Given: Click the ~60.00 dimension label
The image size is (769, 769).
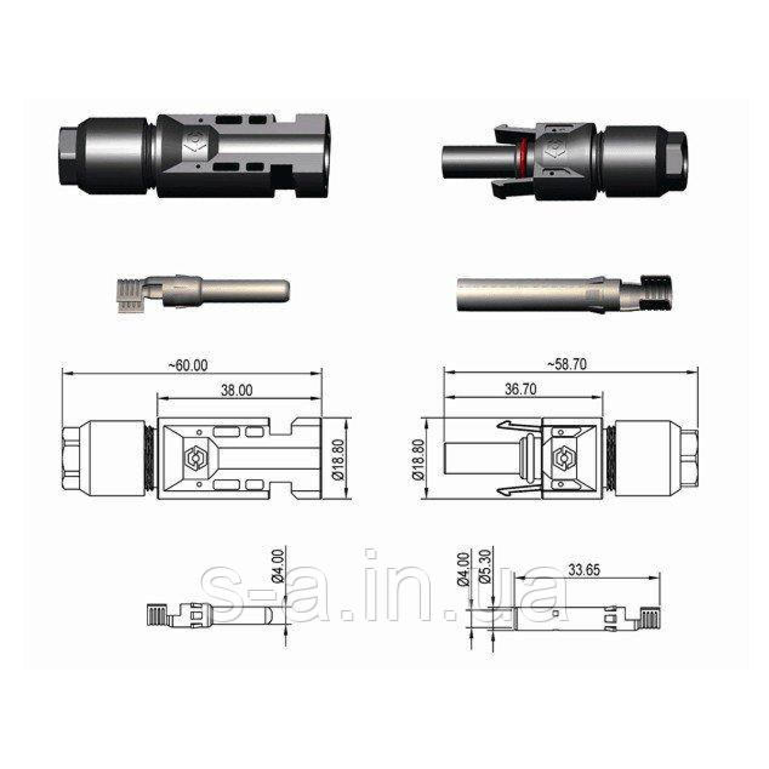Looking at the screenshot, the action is pyautogui.click(x=188, y=365).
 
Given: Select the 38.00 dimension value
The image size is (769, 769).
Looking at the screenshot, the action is pyautogui.click(x=236, y=390).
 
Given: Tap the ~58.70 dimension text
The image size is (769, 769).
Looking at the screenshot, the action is pyautogui.click(x=566, y=365).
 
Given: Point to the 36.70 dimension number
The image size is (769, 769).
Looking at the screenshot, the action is pyautogui.click(x=520, y=389).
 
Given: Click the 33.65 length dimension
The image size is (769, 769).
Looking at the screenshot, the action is pyautogui.click(x=584, y=570).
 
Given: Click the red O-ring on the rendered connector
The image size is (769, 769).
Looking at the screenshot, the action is pyautogui.click(x=523, y=159).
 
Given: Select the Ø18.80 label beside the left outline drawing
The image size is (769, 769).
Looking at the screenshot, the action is pyautogui.click(x=338, y=459).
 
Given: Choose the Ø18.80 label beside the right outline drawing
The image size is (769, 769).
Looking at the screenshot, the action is pyautogui.click(x=420, y=459).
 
